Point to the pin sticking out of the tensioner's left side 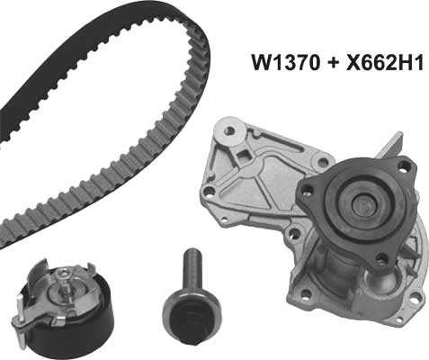click(x=17, y=319)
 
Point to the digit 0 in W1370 click(x=306, y=64)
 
